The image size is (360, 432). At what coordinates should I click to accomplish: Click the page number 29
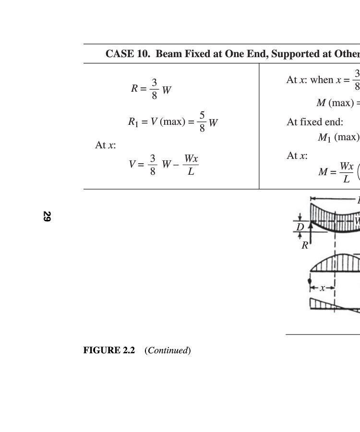tap(47, 216)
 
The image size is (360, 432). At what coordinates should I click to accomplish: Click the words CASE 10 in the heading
tap(128, 54)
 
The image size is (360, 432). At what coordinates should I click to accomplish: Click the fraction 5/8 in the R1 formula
tap(202, 121)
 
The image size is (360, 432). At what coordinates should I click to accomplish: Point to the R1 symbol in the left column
tap(133, 122)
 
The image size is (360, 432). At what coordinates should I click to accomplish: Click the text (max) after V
tap(172, 121)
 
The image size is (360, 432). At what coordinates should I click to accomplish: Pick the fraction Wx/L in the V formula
tap(191, 165)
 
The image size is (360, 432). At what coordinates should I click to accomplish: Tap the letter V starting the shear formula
tap(132, 165)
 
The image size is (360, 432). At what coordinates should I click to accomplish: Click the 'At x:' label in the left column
tap(106, 145)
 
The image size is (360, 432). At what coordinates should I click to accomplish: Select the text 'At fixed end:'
tap(315, 122)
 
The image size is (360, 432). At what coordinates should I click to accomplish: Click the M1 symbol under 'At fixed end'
tap(324, 137)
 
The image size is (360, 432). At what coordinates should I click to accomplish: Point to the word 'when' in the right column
tap(322, 80)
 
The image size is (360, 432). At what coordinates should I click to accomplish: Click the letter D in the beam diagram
tap(300, 227)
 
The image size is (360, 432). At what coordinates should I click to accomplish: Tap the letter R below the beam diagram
tap(305, 245)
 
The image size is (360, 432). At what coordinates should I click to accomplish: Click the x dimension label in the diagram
tap(322, 288)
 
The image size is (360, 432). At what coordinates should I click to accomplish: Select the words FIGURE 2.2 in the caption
tap(109, 350)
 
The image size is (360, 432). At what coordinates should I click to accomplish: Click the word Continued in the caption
tap(168, 350)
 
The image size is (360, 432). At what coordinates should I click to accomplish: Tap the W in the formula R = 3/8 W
tap(167, 90)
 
